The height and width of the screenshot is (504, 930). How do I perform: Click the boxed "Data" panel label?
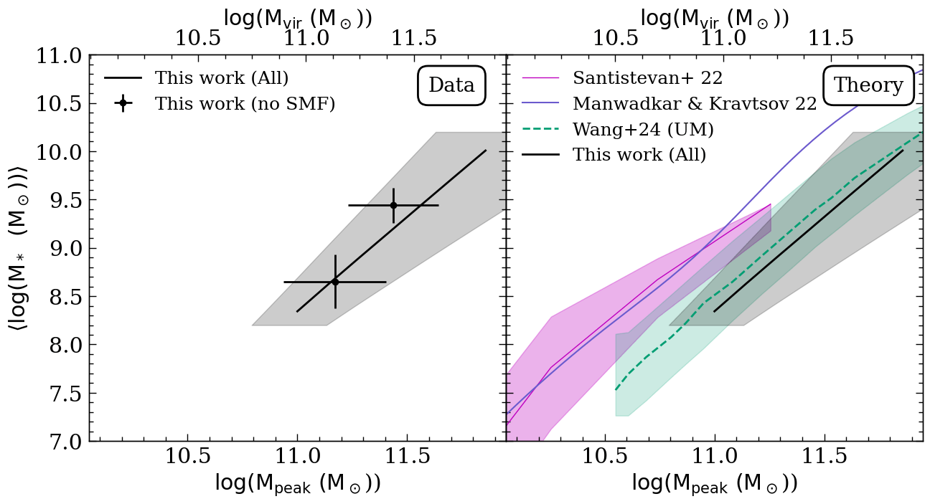coord(451,85)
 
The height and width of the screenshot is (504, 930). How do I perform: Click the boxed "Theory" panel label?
coord(868,85)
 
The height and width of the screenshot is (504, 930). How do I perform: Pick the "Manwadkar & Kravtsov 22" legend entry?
coord(694,103)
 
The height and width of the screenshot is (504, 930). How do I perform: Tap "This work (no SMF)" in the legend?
coord(245,103)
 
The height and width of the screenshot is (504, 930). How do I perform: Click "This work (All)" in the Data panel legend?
coord(222,77)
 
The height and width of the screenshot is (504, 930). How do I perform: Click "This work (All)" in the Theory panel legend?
coord(639,154)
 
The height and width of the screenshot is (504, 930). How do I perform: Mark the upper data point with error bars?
coord(393,205)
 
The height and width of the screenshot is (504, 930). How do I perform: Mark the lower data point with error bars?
coord(335,282)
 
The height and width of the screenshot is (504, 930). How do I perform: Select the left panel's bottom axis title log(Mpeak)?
coord(298,484)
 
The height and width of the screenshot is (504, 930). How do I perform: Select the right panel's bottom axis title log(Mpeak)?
coord(715,484)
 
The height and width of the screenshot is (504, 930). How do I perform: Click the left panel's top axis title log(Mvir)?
coord(298,18)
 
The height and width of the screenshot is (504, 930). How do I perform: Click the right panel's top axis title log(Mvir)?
coord(715,18)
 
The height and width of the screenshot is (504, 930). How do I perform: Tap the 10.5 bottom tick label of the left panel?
coord(187,458)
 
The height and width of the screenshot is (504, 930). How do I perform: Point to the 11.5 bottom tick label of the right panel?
coord(825,458)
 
